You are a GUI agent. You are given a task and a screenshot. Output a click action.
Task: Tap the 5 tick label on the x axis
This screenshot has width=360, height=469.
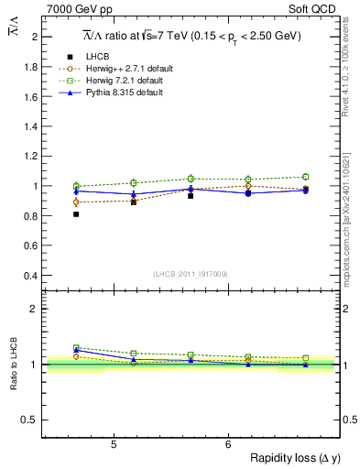(113, 444)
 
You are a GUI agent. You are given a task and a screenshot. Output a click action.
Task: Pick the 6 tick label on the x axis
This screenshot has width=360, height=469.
(228, 444)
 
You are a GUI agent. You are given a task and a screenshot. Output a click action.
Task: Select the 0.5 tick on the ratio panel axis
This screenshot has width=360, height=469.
(33, 420)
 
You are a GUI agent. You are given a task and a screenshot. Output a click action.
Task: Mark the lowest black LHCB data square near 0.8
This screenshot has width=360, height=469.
(76, 214)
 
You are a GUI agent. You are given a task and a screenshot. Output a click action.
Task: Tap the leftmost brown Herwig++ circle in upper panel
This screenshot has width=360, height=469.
(76, 202)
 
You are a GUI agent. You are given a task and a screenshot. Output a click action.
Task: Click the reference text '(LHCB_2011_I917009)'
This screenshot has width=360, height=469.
(190, 273)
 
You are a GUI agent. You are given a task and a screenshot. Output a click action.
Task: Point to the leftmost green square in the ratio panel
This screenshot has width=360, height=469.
(76, 348)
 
